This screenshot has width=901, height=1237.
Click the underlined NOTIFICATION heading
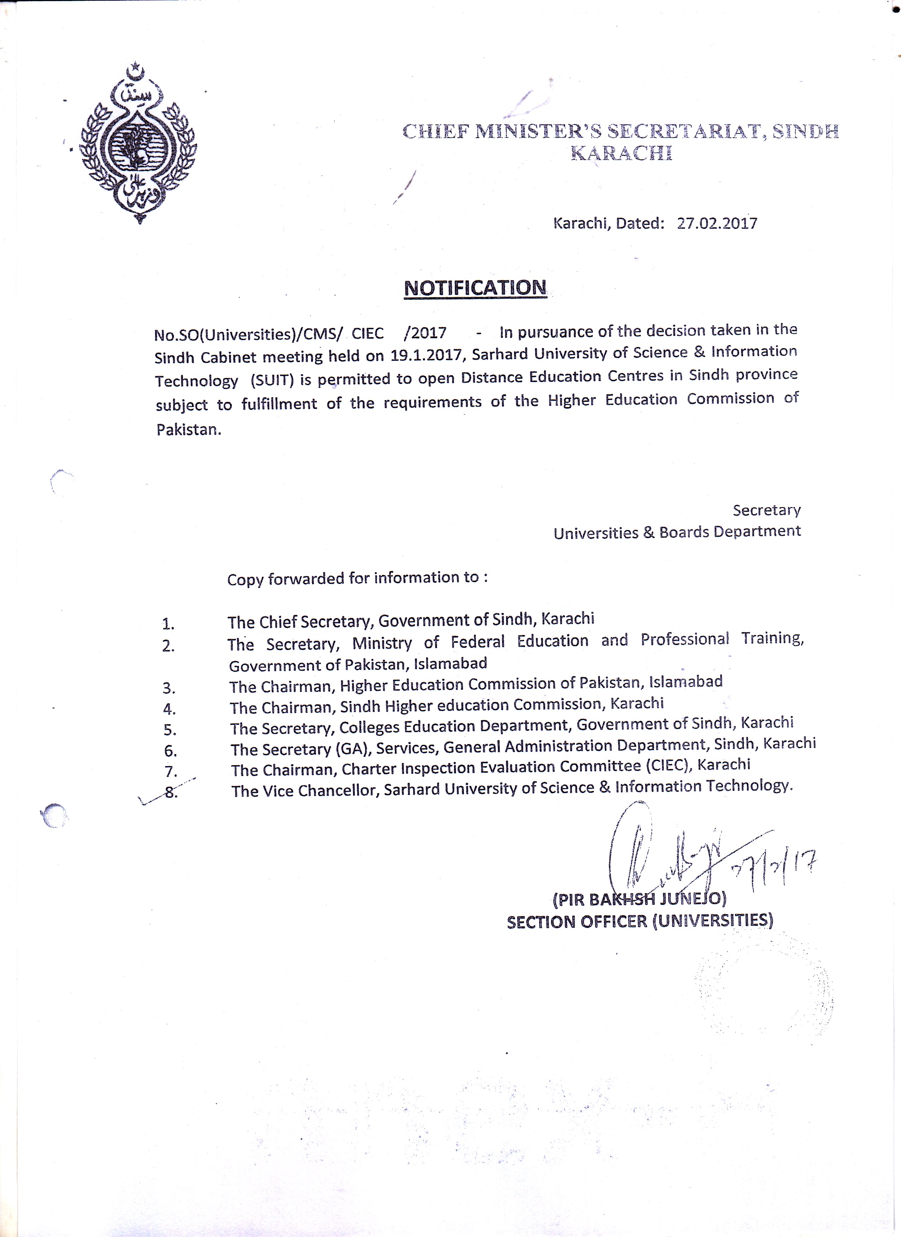click(475, 288)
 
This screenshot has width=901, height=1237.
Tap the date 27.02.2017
click(717, 223)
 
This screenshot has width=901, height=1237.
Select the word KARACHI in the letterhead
click(621, 154)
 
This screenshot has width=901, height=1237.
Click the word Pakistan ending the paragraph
click(188, 430)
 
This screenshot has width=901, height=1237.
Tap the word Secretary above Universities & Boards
click(766, 510)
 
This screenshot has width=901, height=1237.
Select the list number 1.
click(168, 624)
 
